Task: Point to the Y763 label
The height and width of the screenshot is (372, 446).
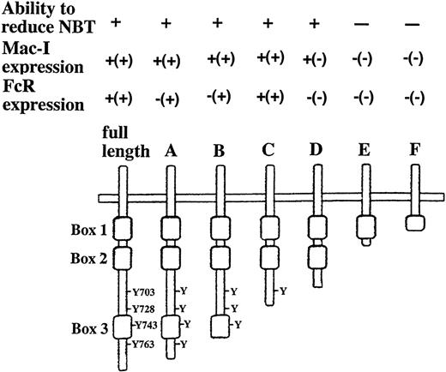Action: [x=139, y=343]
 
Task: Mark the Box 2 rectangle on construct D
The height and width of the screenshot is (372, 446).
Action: [x=316, y=255]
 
